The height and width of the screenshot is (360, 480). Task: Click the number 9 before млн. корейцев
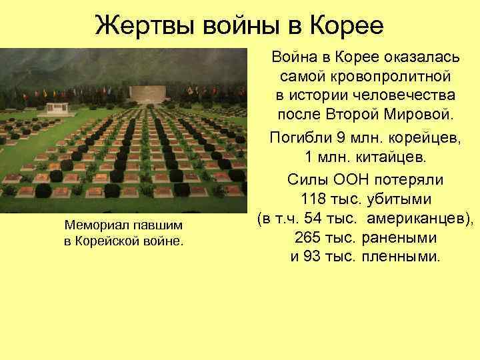pos(339,139)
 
